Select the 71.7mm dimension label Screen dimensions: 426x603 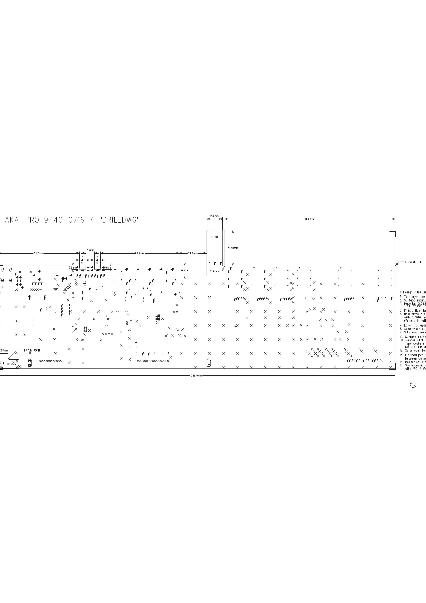[38, 254]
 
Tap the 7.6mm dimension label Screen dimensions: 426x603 [90, 250]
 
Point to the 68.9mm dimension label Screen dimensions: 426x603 [140, 254]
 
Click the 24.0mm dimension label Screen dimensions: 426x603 [193, 254]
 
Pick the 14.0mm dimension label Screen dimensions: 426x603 [214, 216]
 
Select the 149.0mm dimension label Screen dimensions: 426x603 [310, 219]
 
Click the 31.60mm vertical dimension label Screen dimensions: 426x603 [233, 248]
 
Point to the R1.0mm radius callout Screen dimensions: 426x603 [214, 271]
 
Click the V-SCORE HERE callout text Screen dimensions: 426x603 [413, 262]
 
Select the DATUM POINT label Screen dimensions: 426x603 [32, 351]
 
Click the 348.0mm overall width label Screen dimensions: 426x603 [197, 376]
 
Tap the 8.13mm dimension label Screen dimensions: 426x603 [11, 364]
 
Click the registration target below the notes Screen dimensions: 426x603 [413, 385]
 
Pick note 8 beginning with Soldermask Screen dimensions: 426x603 [413, 329]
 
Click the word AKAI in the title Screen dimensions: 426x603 [14, 221]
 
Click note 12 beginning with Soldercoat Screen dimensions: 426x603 [413, 351]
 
